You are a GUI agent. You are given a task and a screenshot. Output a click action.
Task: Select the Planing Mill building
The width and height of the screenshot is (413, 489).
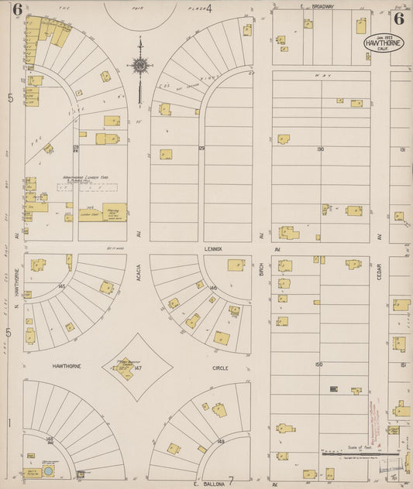click(x=114, y=211)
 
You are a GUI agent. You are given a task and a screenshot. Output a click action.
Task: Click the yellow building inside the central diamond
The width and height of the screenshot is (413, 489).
click(x=124, y=371)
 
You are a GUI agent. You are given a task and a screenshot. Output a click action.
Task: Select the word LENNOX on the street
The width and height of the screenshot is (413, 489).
click(x=213, y=249)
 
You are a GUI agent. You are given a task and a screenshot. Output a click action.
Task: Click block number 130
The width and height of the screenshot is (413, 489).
click(x=320, y=149)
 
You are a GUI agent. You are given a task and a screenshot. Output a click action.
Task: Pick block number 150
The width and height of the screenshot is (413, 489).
click(x=318, y=364)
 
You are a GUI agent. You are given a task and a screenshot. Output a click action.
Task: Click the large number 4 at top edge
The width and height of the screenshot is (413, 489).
click(x=208, y=8)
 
